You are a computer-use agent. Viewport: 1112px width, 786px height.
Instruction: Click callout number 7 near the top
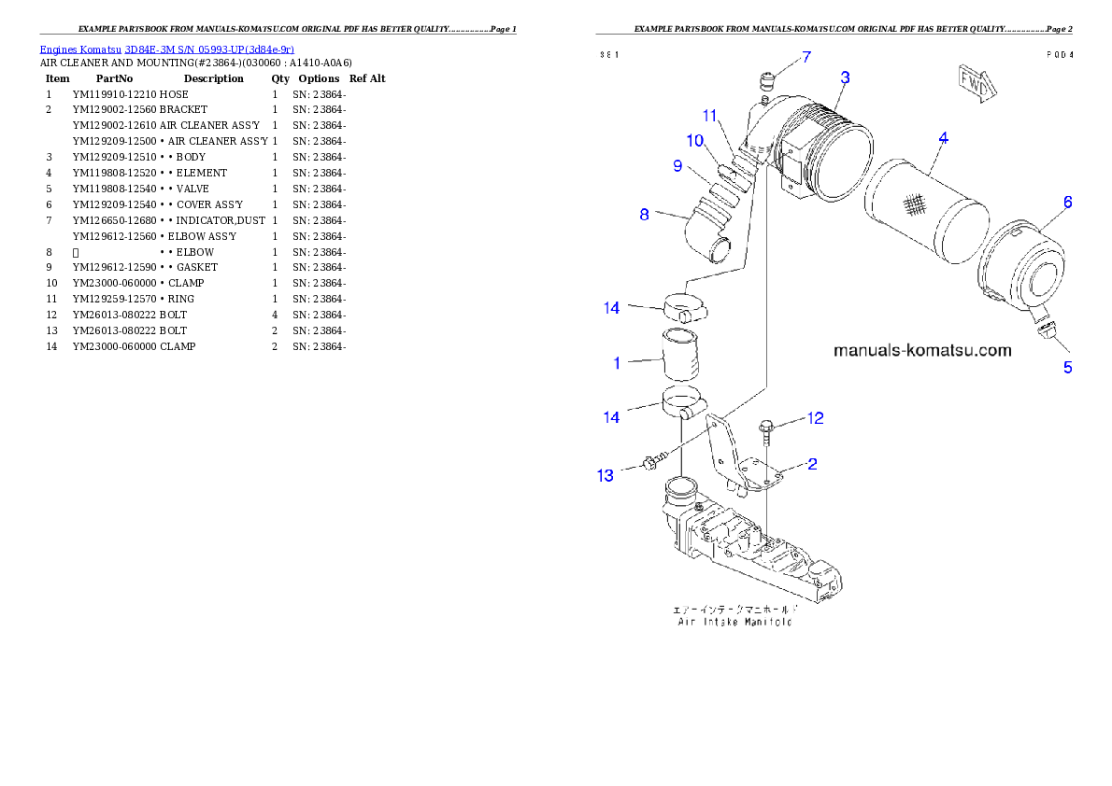806,60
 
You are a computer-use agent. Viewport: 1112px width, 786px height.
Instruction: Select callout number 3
844,77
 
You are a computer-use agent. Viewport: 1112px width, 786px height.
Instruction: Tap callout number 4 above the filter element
944,138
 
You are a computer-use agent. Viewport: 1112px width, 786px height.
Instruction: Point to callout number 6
1067,202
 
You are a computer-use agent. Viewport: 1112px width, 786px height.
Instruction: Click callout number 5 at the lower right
1067,367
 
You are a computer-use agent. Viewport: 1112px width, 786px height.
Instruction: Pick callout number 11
710,116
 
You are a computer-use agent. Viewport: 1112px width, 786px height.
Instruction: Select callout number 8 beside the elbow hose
644,215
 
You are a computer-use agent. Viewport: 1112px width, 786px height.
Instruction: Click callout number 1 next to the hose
617,363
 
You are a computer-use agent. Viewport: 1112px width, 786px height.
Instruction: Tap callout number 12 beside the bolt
816,418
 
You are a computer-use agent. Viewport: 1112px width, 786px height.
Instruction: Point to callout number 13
606,476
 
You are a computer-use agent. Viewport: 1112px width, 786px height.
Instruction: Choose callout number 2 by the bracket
812,464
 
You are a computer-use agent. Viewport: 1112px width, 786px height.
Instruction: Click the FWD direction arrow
977,81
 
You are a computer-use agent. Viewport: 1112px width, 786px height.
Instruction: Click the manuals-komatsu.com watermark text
922,351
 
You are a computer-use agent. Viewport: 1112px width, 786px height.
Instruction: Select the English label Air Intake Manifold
734,622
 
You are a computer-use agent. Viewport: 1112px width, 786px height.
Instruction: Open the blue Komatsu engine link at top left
166,49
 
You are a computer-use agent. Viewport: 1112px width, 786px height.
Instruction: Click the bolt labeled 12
767,431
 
